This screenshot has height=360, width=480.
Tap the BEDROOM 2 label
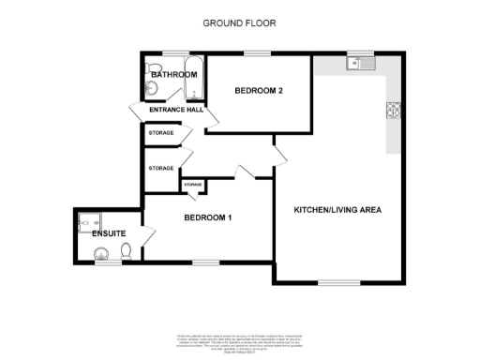click(259, 91)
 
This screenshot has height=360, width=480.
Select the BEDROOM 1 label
click(207, 218)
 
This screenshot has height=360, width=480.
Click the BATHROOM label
click(174, 75)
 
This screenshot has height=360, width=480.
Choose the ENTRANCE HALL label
click(176, 111)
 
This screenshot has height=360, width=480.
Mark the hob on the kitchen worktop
click(392, 111)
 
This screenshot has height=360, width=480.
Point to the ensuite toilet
click(126, 250)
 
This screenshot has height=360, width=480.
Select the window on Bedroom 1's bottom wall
click(205, 262)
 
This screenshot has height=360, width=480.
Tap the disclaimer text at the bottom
click(240, 341)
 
